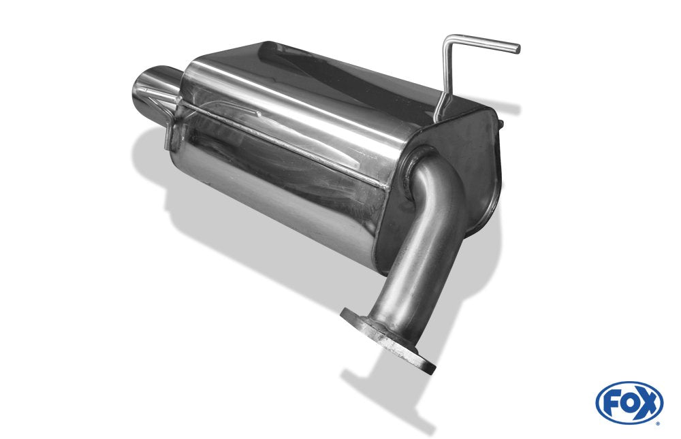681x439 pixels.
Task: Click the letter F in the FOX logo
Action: tap(612, 404)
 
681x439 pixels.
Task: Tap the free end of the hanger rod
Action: tap(517, 48)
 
